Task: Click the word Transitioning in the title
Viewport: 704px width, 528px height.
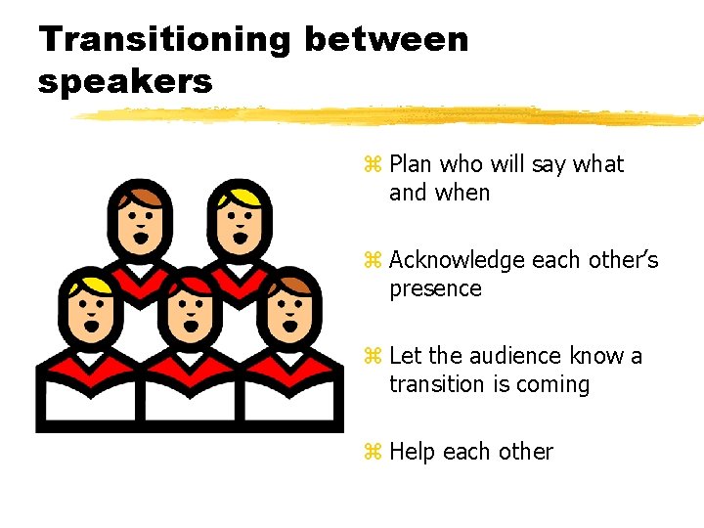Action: [x=164, y=40]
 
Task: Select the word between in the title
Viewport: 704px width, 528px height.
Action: [x=387, y=40]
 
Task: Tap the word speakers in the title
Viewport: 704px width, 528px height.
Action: [x=125, y=81]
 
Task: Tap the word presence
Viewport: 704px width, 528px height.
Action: [x=435, y=289]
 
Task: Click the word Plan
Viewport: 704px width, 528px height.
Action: [x=412, y=165]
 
